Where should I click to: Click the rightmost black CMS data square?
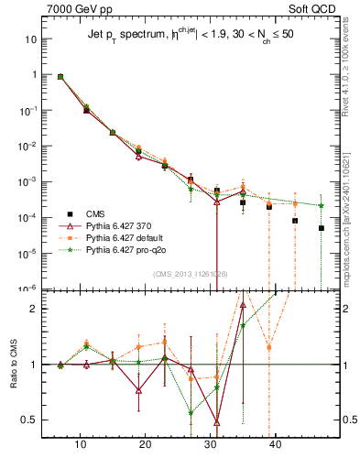pyautogui.click(x=322, y=228)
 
